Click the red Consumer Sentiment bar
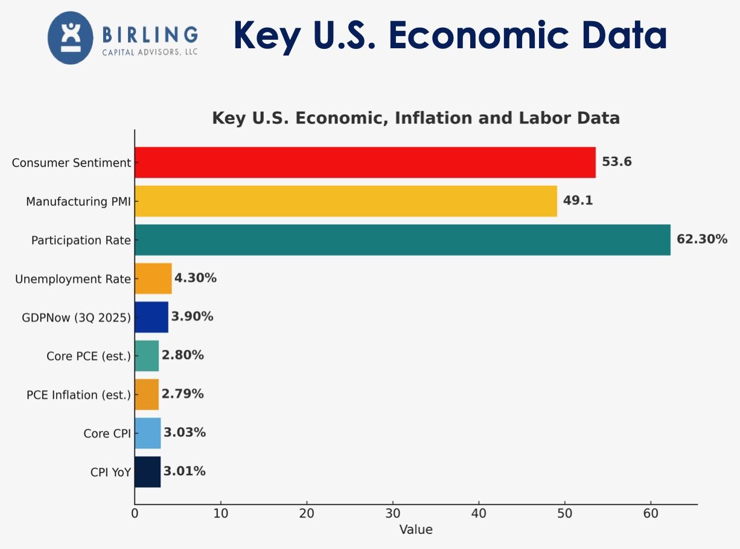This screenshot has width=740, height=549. click(365, 162)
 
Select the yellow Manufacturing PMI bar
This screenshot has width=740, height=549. click(345, 201)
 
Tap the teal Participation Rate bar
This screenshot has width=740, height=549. click(402, 240)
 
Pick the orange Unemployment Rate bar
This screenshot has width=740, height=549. click(153, 278)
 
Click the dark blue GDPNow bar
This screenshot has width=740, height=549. click(152, 317)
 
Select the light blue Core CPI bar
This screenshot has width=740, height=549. click(148, 433)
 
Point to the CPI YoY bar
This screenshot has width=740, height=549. click(148, 471)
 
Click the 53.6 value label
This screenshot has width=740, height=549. click(616, 162)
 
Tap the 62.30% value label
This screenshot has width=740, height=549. click(701, 240)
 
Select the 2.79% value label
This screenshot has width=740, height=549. click(182, 394)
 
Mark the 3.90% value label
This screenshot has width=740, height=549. click(192, 317)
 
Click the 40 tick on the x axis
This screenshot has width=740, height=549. click(479, 513)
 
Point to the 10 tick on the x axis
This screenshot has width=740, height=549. click(221, 513)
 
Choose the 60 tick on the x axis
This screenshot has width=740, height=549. click(651, 513)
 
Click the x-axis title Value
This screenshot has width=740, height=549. click(416, 530)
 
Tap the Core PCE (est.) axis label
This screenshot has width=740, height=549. click(88, 356)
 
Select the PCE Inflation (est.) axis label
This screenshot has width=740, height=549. click(78, 395)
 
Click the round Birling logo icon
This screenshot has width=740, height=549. click(71, 38)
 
